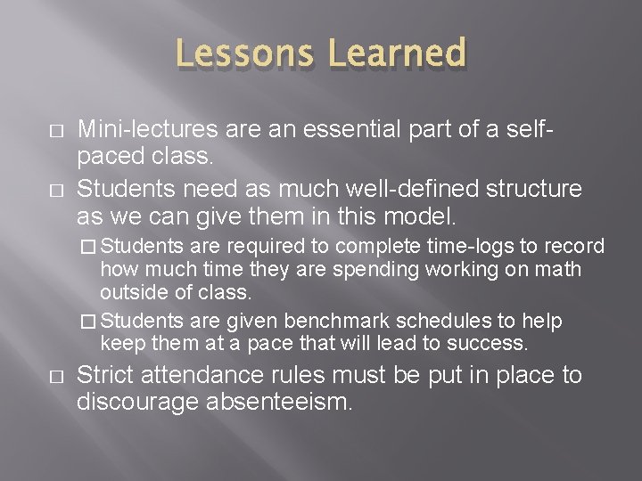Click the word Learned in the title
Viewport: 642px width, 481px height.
pyautogui.click(x=397, y=53)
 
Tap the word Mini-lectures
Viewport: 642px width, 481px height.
pyautogui.click(x=146, y=129)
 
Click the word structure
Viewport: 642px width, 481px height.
pyautogui.click(x=531, y=190)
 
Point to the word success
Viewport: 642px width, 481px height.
pyautogui.click(x=492, y=344)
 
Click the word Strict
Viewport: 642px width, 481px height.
pyautogui.click(x=104, y=376)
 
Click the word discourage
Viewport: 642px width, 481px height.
pyautogui.click(x=139, y=403)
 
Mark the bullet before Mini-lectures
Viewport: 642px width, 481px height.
pyautogui.click(x=56, y=131)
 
